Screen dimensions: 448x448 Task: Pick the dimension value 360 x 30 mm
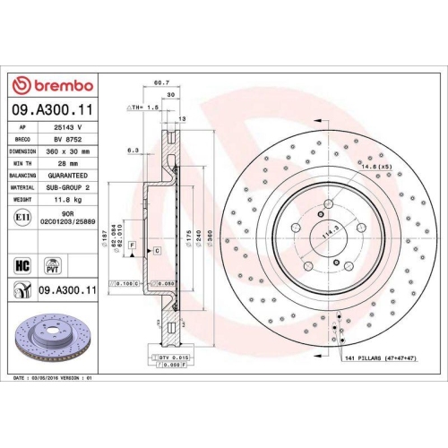tap(66, 152)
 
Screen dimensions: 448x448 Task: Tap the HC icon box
tap(22, 265)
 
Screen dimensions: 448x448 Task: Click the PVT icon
tap(53, 265)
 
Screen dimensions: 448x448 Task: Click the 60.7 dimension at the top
tap(162, 82)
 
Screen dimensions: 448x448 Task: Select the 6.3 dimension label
tap(132, 151)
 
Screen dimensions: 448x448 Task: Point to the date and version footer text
tap(54, 379)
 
